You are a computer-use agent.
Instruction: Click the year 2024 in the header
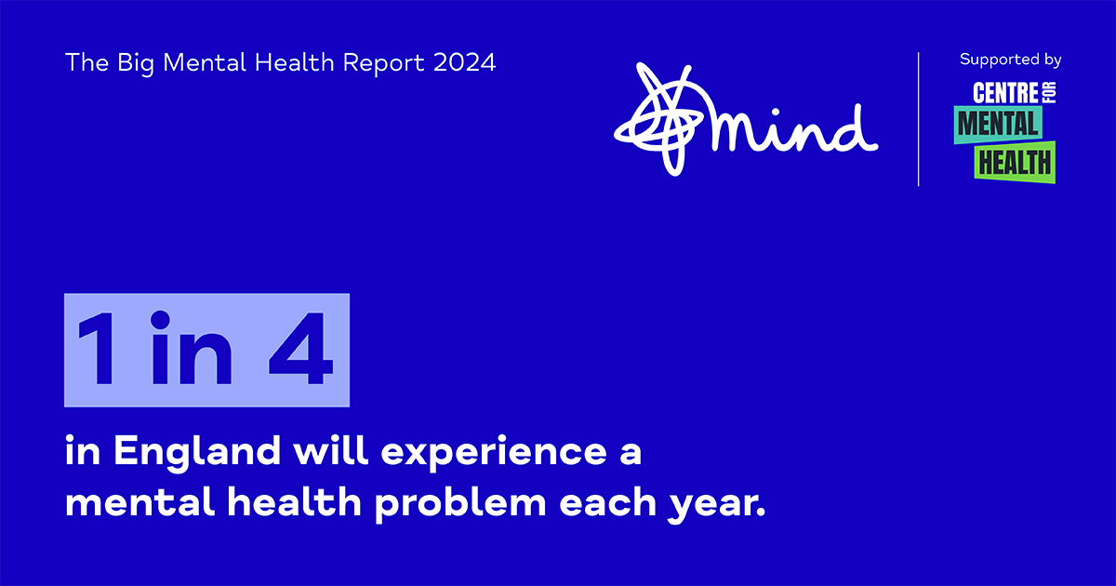[x=464, y=63]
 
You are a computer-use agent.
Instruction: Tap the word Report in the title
[x=383, y=64]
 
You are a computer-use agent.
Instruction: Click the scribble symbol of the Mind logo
[x=658, y=120]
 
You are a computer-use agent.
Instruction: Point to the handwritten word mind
[x=793, y=128]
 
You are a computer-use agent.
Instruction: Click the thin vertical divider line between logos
[x=918, y=119]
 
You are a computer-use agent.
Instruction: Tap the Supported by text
[x=1010, y=60]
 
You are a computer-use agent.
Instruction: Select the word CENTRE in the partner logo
[x=1005, y=93]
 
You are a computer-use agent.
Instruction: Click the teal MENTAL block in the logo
[x=998, y=125]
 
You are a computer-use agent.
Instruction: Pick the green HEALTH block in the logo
[x=1015, y=163]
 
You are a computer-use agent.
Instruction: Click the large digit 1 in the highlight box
[x=97, y=348]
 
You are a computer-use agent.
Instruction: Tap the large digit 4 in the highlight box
[x=300, y=348]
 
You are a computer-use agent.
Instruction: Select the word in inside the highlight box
[x=191, y=347]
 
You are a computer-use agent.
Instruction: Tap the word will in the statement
[x=331, y=450]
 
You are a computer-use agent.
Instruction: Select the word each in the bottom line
[x=608, y=502]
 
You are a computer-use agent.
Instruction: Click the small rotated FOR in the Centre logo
[x=1050, y=93]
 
